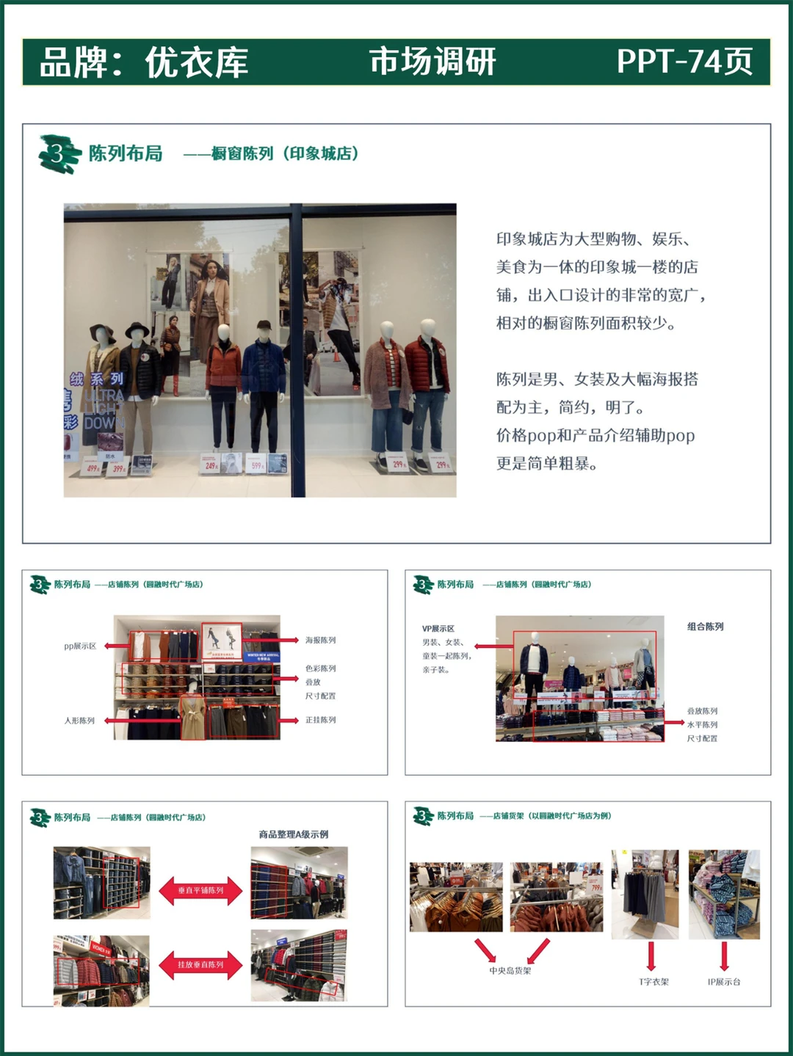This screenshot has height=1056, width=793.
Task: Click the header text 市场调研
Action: [432, 62]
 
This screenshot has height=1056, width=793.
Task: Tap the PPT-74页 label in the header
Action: [684, 62]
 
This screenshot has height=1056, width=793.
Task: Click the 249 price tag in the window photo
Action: [211, 465]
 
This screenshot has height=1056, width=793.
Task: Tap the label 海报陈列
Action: [321, 640]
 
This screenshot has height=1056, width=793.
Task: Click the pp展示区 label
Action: [80, 646]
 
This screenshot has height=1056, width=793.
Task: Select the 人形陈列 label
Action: [79, 721]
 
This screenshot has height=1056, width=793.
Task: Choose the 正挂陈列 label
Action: [321, 720]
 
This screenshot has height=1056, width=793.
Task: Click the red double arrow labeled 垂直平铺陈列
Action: [200, 890]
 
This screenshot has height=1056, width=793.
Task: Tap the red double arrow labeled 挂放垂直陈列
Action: [200, 964]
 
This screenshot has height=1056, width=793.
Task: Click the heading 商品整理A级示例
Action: [293, 834]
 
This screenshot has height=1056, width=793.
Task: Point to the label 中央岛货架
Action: [510, 970]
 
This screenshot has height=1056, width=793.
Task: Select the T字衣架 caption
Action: [653, 981]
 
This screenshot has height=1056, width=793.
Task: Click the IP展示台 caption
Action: [724, 981]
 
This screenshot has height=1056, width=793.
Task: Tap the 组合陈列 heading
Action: [705, 626]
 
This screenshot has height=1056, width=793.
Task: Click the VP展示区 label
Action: [438, 628]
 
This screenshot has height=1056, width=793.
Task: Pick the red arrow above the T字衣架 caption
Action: [651, 955]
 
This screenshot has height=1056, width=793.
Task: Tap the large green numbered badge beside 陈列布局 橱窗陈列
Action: [58, 153]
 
